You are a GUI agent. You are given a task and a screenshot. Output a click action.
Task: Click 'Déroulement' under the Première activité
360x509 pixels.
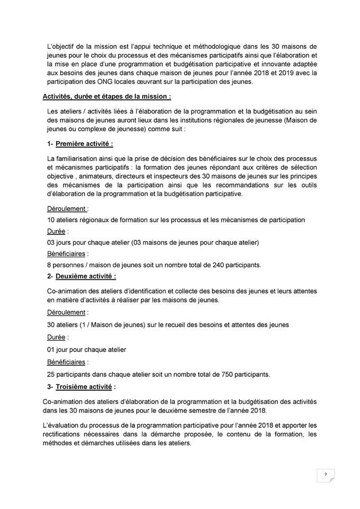click(66, 209)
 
